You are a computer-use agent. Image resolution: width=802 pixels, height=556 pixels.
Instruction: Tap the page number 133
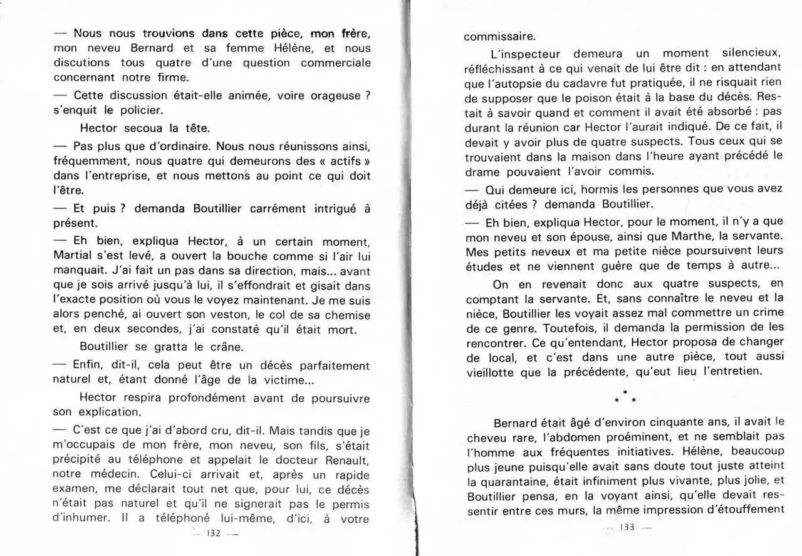click(627, 527)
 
